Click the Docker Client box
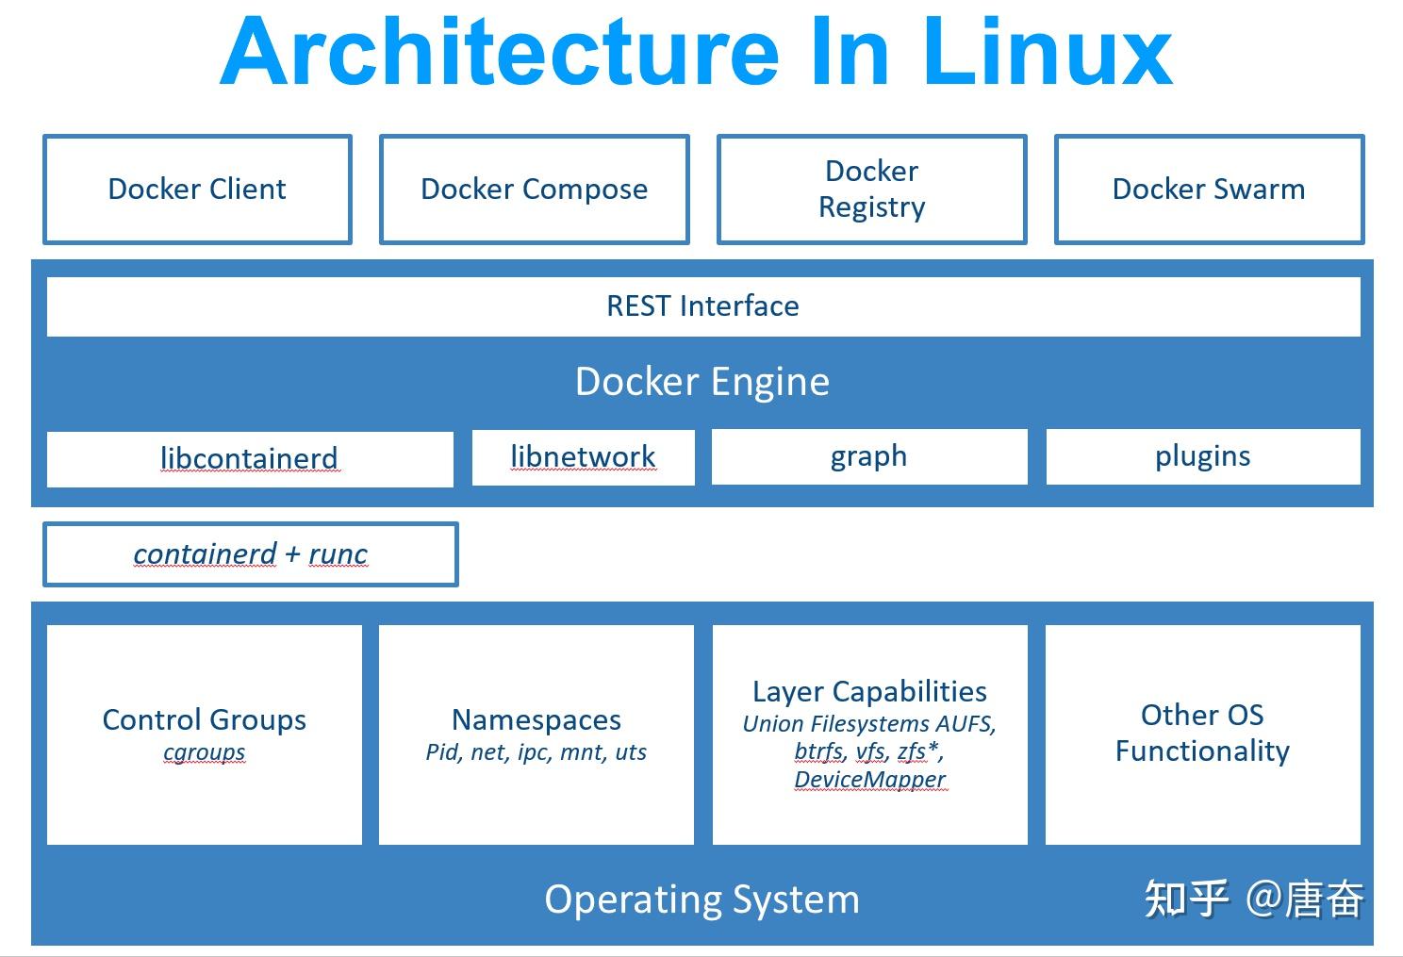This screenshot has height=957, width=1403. [x=197, y=190]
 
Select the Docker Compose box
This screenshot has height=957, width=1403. [x=534, y=190]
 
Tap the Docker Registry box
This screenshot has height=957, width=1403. [x=871, y=190]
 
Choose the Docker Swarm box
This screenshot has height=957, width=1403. [x=1209, y=190]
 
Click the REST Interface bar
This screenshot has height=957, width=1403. [x=702, y=306]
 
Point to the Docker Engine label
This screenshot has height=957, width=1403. [x=702, y=382]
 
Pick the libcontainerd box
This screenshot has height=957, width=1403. [x=249, y=459]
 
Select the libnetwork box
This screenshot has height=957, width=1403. [x=583, y=457]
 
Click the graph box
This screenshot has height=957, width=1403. [x=868, y=456]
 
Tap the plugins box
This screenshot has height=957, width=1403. [x=1202, y=456]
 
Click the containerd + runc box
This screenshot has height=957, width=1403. [x=250, y=554]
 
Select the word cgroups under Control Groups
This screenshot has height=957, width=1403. [x=205, y=752]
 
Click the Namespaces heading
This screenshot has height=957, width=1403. [x=536, y=720]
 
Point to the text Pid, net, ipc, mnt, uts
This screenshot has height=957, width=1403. [x=536, y=752]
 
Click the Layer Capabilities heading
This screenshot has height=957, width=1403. [x=869, y=692]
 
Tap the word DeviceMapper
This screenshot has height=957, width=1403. [x=869, y=780]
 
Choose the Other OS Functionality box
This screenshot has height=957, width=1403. [x=1202, y=734]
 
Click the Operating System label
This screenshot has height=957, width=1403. [x=702, y=899]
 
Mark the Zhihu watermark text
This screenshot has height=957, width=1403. [x=1253, y=899]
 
